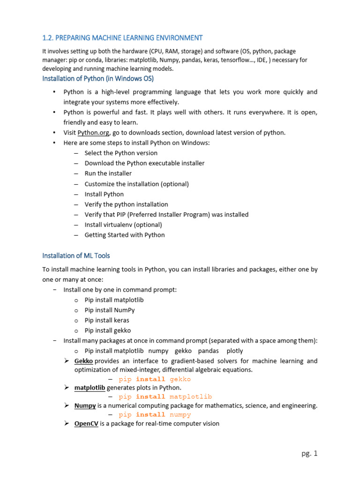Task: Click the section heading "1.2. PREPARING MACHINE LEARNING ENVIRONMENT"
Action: coord(122,37)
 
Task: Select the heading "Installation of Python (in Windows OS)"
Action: coord(98,78)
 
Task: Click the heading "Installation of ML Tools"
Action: coord(76,255)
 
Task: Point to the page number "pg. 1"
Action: coord(309,453)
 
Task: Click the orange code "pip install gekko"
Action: coord(155,379)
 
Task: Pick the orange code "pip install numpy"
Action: coord(155,414)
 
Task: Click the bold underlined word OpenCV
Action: coord(86,424)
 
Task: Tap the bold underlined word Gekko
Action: coord(83,361)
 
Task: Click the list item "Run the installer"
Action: coord(108,173)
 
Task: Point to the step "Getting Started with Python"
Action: coord(125,235)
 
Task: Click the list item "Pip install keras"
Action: coord(107,320)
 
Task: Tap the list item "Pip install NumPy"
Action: coord(110,310)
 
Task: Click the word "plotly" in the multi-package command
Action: coord(235,351)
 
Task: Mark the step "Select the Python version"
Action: coord(121,153)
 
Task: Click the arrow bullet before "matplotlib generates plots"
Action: coord(67,388)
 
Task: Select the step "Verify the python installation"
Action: coord(126,204)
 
